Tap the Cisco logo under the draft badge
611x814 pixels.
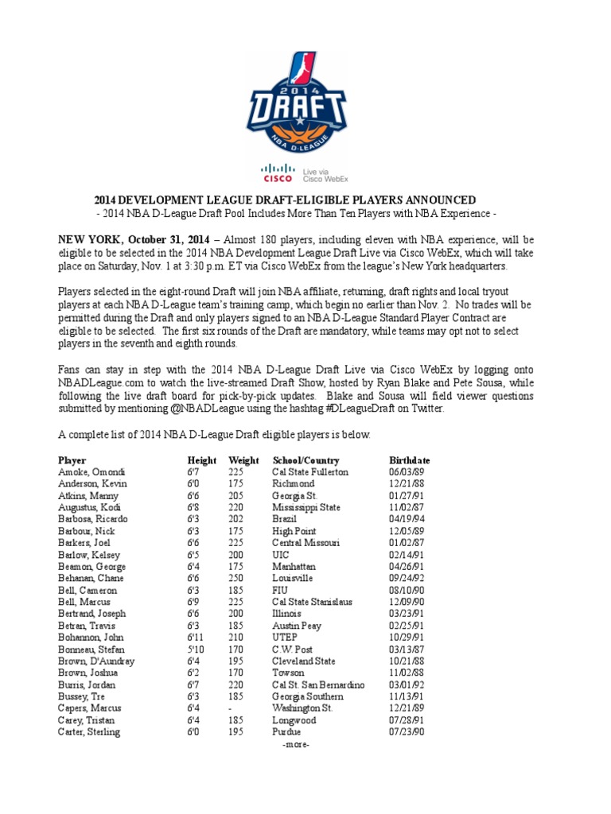tap(277, 172)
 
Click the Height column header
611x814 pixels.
tap(201, 460)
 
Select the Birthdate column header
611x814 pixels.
tap(409, 460)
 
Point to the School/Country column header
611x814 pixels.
tap(305, 460)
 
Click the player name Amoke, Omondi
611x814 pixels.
tap(91, 472)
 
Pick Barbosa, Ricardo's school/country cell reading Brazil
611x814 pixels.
tap(282, 519)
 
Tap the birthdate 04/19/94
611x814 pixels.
tap(405, 519)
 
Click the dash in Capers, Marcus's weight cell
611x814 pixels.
tap(230, 708)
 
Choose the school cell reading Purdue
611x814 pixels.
tap(286, 732)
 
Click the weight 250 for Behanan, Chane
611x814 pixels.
tap(236, 579)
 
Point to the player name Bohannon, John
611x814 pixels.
tap(91, 638)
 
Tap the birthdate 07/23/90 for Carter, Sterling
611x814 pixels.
tap(405, 732)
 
